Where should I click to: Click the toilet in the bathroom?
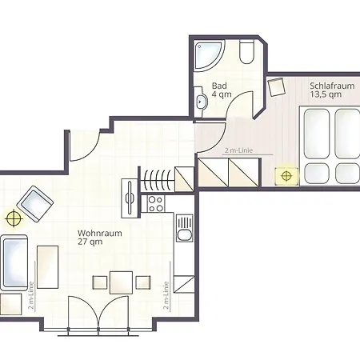(x=246, y=52)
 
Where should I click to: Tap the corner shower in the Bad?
(x=208, y=54)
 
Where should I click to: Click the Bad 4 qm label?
(x=222, y=90)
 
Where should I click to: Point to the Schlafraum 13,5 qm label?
(x=332, y=90)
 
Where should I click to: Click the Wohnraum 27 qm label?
(x=100, y=237)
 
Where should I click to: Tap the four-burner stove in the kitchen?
(x=156, y=204)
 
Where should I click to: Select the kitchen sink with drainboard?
(x=184, y=228)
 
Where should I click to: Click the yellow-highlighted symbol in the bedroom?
(x=286, y=176)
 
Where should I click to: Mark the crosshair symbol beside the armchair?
(x=14, y=218)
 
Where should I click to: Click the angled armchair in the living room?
(x=35, y=204)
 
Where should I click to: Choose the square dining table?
(x=121, y=282)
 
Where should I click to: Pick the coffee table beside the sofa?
(x=47, y=267)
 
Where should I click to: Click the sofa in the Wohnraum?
(x=14, y=262)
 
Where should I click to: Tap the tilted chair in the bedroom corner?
(x=277, y=86)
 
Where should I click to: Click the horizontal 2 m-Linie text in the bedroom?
(x=238, y=150)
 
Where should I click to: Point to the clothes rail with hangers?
(x=158, y=180)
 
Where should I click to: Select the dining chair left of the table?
(x=100, y=282)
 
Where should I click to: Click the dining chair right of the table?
(x=143, y=282)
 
